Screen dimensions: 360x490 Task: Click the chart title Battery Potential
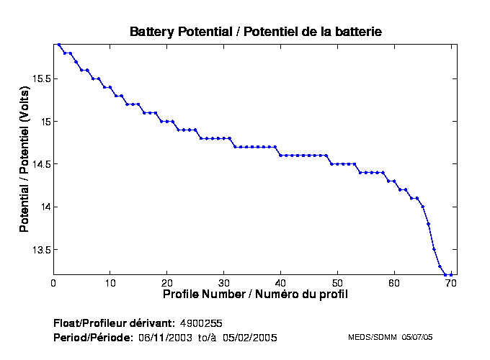pyautogui.click(x=255, y=32)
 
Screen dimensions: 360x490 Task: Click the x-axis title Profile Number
pyautogui.click(x=255, y=294)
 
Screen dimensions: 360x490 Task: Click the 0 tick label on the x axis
pyautogui.click(x=53, y=283)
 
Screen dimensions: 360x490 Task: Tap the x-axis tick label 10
pyautogui.click(x=110, y=283)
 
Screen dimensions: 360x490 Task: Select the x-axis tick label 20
pyautogui.click(x=167, y=283)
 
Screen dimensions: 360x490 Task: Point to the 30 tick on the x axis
pyautogui.click(x=224, y=283)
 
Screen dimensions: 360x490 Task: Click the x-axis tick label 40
pyautogui.click(x=281, y=283)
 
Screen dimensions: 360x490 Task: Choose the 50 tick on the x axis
pyautogui.click(x=338, y=283)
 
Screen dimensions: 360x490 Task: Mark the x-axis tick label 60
pyautogui.click(x=395, y=283)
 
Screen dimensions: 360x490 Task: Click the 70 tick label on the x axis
pyautogui.click(x=452, y=283)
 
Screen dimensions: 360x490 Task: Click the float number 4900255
pyautogui.click(x=207, y=323)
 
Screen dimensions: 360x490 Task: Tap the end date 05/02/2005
pyautogui.click(x=249, y=337)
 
